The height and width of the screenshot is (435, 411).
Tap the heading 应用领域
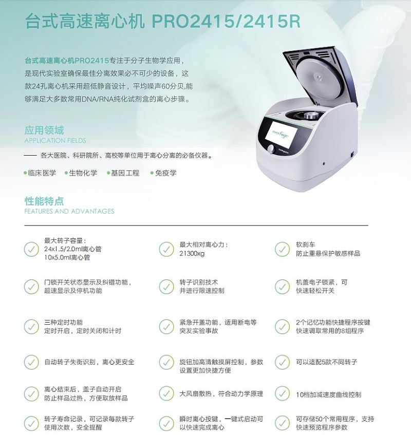[45, 130]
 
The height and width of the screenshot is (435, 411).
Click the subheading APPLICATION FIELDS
[55, 140]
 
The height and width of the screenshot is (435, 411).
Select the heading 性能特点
[45, 201]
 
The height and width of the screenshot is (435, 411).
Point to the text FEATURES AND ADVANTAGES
[69, 211]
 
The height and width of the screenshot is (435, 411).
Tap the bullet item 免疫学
[166, 173]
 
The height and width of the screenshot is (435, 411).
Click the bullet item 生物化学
[83, 173]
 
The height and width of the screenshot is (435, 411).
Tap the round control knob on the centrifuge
[271, 149]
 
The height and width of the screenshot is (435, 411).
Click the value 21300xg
[192, 253]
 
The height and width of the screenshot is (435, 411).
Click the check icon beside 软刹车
[282, 249]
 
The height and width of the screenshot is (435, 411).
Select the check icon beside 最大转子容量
[31, 249]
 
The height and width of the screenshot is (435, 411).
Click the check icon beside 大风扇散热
[166, 394]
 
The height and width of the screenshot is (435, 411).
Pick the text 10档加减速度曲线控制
[329, 394]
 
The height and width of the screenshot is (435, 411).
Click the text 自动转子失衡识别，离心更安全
[89, 362]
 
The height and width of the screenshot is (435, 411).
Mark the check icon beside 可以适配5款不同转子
[282, 362]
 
